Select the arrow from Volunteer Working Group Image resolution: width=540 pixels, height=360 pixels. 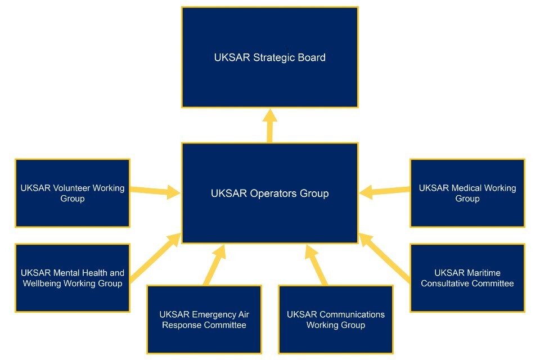[x=155, y=191]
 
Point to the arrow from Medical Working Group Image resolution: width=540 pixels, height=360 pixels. [x=385, y=192]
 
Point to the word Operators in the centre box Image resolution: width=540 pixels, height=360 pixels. [x=271, y=193]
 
